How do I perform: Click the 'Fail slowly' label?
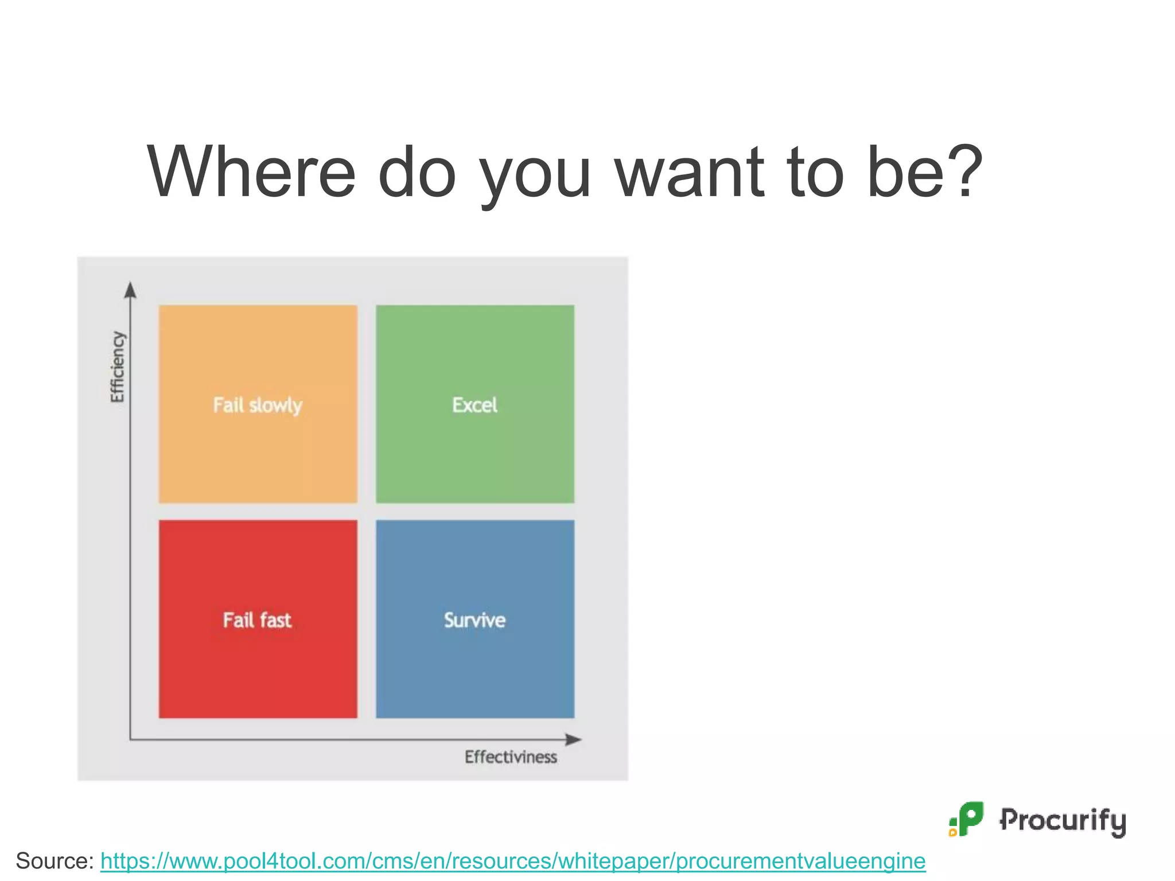[x=258, y=405]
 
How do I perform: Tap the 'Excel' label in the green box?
[x=474, y=405]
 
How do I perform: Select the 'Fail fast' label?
[x=257, y=620]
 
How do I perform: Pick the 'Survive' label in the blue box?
[x=474, y=620]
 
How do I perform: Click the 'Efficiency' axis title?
[x=117, y=367]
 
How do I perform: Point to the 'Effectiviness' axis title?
[x=511, y=757]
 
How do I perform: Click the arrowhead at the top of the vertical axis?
[x=131, y=290]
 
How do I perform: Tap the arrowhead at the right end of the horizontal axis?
[x=573, y=739]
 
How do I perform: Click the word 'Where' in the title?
[x=251, y=172]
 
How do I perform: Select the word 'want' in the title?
[x=690, y=172]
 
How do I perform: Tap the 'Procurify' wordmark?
[x=1063, y=820]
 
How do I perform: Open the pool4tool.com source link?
[x=512, y=861]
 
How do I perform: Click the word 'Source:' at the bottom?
[x=55, y=861]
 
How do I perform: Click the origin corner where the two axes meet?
[x=131, y=739]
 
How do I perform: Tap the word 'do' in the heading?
[x=417, y=172]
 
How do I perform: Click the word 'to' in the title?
[x=816, y=172]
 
